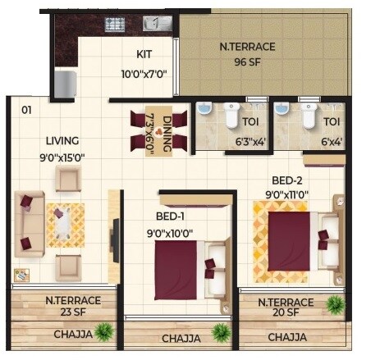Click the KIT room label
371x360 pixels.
pos(144,56)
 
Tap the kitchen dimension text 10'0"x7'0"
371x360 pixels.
pos(144,73)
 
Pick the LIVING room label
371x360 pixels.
pos(62,139)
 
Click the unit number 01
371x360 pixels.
pos(26,109)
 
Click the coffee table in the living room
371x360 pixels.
pos(65,225)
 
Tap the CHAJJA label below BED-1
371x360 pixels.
pos(181,338)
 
